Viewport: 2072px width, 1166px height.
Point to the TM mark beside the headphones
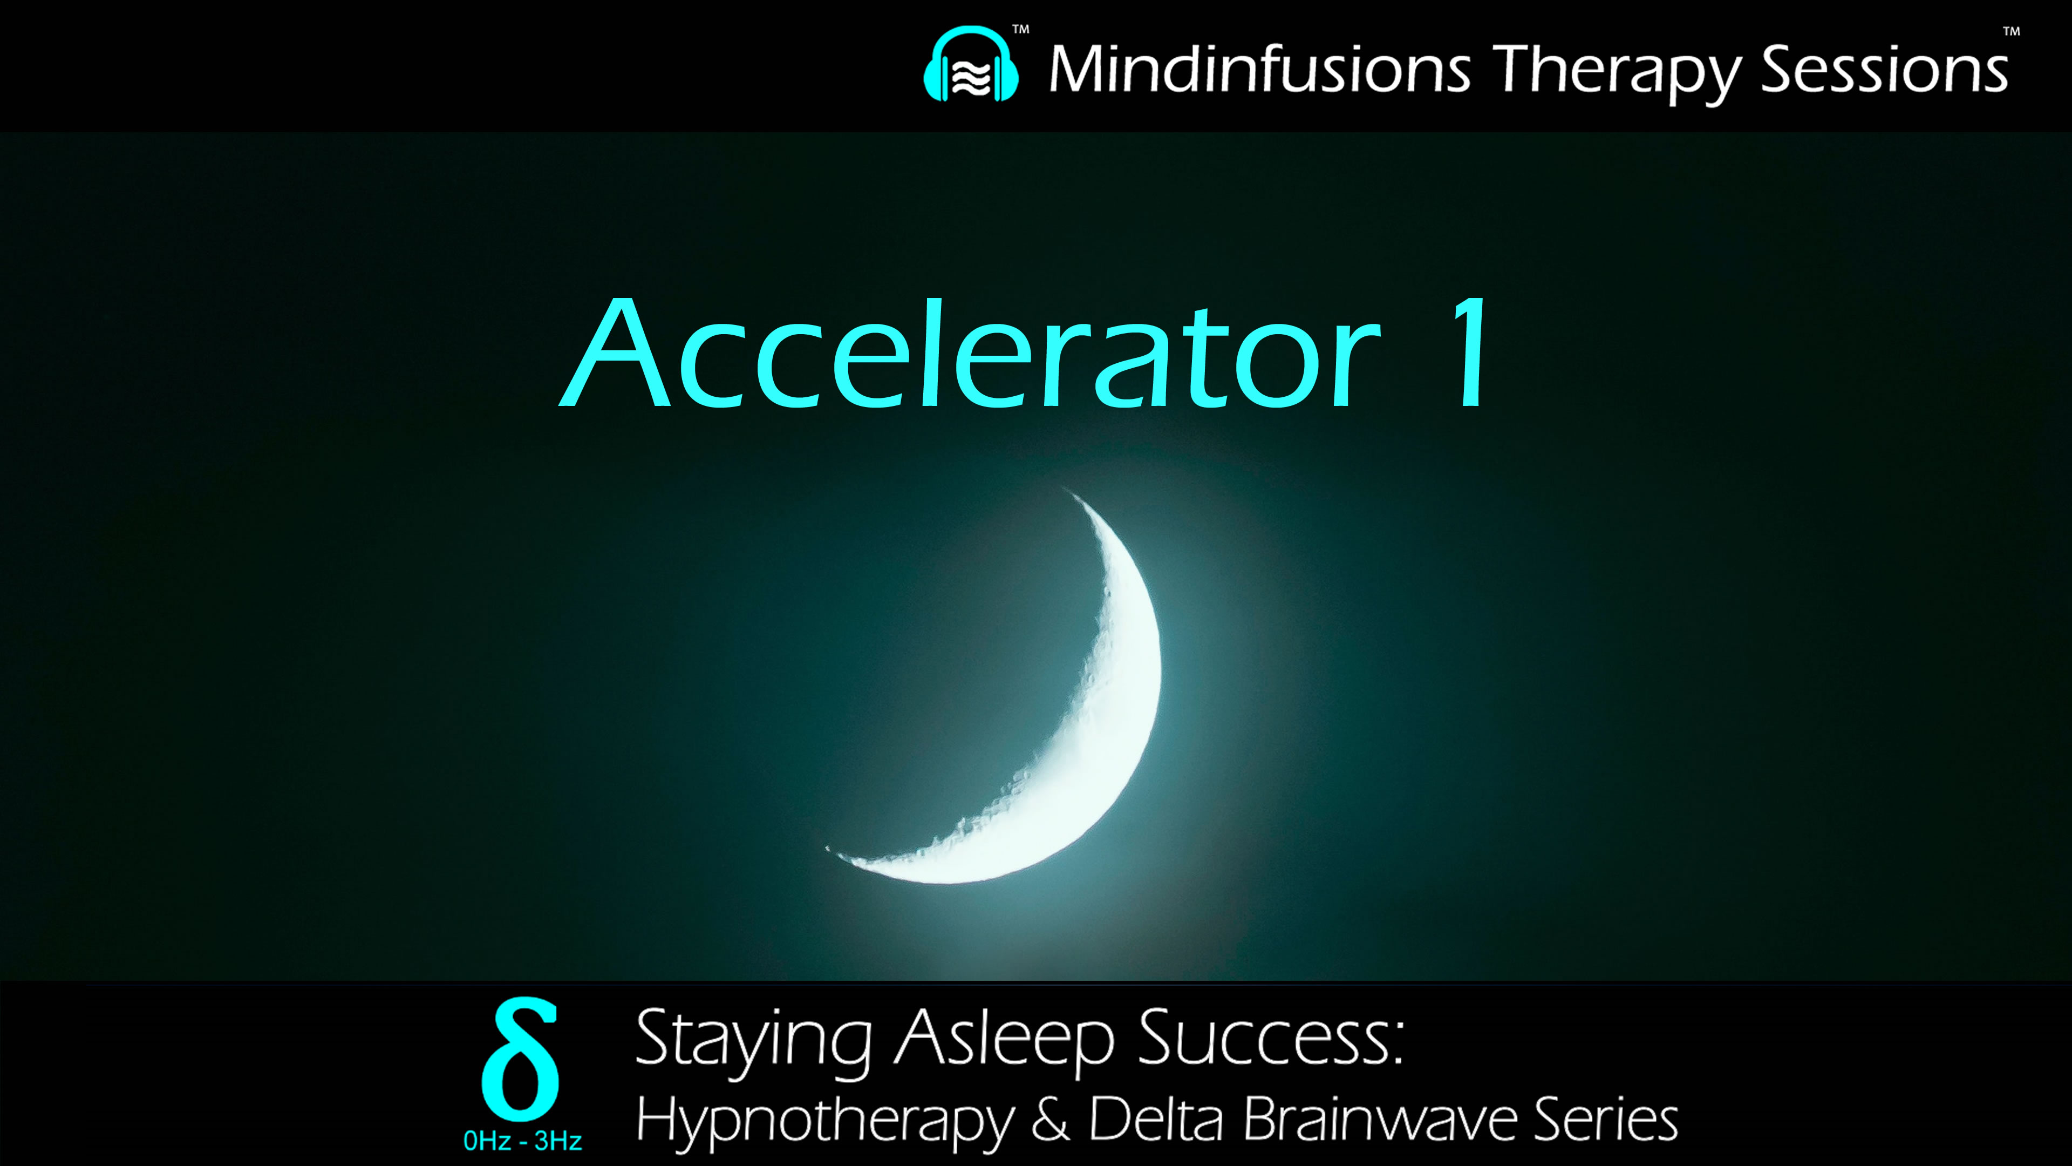(x=1021, y=30)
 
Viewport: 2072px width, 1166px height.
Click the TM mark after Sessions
(x=2011, y=32)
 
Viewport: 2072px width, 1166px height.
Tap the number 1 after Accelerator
(x=1470, y=354)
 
